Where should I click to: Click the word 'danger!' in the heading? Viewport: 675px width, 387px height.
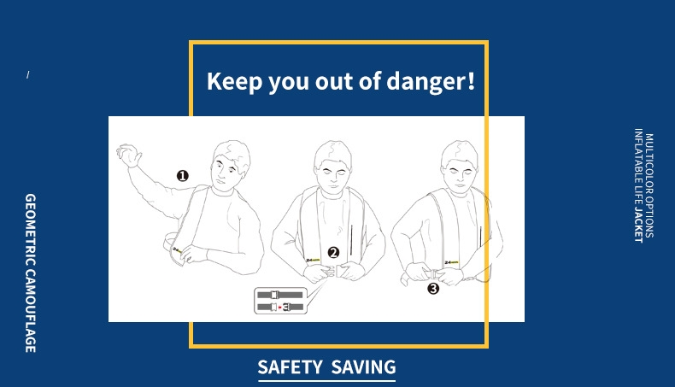pos(431,82)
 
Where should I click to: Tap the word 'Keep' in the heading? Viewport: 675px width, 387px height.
pos(234,82)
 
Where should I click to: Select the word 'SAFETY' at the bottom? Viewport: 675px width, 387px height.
pos(290,367)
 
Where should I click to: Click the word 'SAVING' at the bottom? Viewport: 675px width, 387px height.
pos(363,367)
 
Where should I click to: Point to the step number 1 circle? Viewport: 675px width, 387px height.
pos(183,176)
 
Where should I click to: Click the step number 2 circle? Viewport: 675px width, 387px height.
pos(333,253)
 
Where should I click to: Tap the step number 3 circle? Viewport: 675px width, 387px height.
pos(433,289)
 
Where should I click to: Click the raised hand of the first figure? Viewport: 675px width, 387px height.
pos(129,155)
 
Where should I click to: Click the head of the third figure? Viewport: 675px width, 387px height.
pos(460,166)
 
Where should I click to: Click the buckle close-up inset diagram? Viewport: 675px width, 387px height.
pos(280,301)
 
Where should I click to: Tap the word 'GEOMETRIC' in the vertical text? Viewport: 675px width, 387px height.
pos(31,231)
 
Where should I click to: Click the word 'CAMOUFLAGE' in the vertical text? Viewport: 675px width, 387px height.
pos(31,311)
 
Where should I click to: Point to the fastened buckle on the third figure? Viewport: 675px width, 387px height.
pos(435,273)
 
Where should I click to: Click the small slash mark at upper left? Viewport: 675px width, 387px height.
pos(28,75)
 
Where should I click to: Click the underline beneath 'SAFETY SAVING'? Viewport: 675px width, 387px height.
pos(326,380)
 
